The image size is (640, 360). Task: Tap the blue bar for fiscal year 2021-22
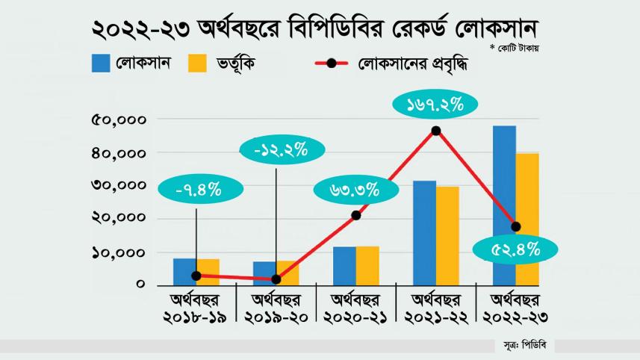424,232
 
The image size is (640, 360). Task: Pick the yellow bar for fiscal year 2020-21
368,265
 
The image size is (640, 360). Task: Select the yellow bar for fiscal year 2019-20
288,273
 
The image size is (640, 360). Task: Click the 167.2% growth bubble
435,105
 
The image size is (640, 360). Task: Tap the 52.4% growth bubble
515,250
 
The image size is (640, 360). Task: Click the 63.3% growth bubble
355,190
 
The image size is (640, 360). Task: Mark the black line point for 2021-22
435,131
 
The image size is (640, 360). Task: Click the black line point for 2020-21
356,215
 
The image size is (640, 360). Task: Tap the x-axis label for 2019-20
276,309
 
